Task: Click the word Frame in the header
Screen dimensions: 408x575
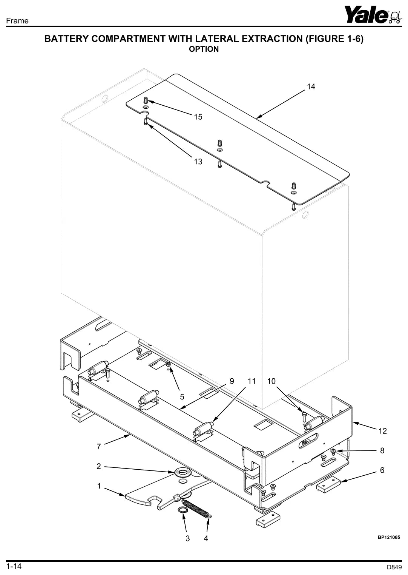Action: [17, 21]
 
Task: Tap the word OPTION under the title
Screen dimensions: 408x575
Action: [204, 49]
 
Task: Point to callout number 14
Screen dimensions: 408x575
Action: [311, 87]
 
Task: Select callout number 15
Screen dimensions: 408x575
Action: [198, 117]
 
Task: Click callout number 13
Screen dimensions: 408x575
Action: [198, 162]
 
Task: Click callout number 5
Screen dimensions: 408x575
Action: [182, 396]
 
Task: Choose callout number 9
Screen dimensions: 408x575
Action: [232, 381]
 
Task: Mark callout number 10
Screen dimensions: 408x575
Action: [271, 381]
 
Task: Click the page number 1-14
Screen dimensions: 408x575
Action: [14, 566]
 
